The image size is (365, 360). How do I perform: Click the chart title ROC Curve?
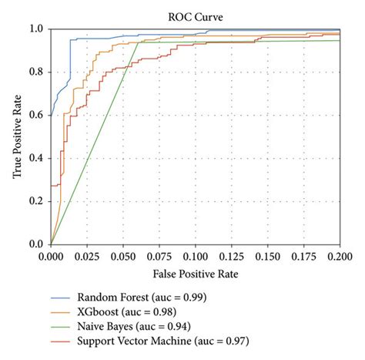[196, 14]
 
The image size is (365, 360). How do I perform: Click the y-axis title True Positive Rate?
[16, 136]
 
